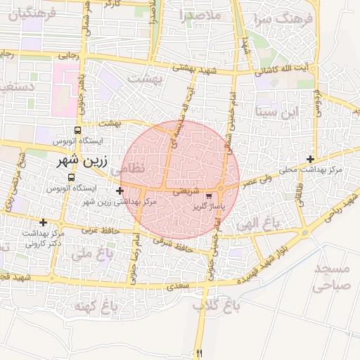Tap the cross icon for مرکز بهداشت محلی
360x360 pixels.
pos(310,159)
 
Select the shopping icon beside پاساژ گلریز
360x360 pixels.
pos(209,195)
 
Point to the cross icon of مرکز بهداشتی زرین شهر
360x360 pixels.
pos(120,191)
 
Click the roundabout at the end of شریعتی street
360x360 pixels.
pos(220,189)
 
